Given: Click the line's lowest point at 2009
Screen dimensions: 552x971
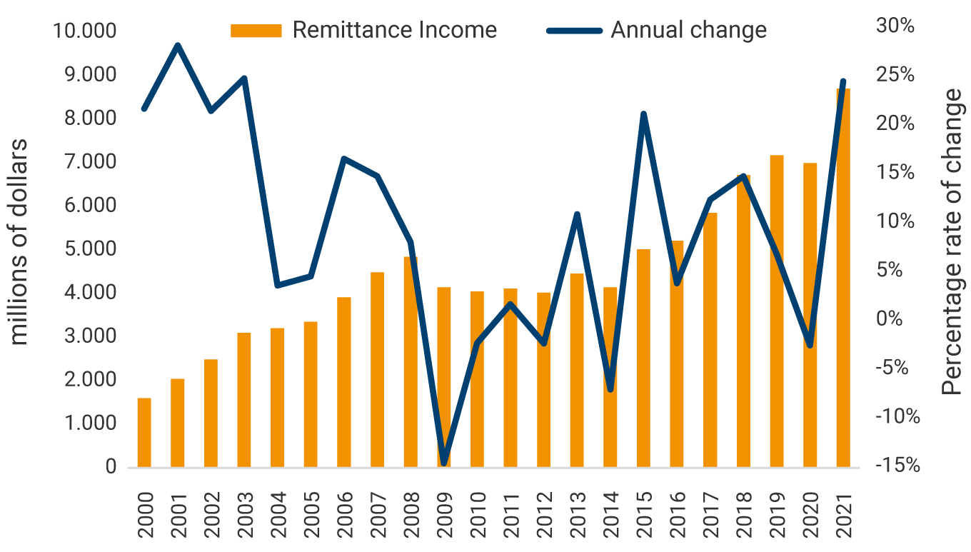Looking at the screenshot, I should pyautogui.click(x=444, y=463).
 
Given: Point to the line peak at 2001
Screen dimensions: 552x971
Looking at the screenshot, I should pyautogui.click(x=178, y=46).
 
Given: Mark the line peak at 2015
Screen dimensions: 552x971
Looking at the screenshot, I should pyautogui.click(x=643, y=114).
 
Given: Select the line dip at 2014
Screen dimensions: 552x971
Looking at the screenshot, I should pyautogui.click(x=610, y=389).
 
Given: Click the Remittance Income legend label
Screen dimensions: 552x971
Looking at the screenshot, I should pyautogui.click(x=394, y=30).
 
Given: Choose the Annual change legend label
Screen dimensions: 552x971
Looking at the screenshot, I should pyautogui.click(x=688, y=30).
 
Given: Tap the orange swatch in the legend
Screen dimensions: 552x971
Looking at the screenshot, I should pyautogui.click(x=256, y=30).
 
